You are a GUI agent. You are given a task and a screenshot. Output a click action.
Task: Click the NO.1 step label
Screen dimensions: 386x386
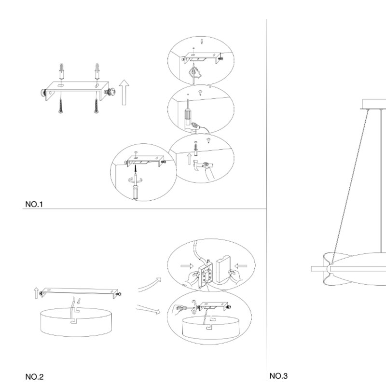tap(34, 204)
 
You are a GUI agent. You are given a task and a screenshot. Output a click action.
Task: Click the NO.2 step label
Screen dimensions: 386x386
tap(34, 377)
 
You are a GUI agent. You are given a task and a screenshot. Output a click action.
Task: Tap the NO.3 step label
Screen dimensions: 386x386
tap(278, 376)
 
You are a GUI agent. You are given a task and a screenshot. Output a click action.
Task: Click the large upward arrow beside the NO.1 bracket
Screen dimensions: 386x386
tap(124, 92)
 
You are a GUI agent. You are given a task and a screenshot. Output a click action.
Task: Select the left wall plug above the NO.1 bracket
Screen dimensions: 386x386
tap(61, 71)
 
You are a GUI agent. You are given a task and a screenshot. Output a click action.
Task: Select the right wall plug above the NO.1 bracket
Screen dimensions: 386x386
tap(97, 71)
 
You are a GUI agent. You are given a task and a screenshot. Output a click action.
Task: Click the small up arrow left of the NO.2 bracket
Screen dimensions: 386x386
tap(36, 293)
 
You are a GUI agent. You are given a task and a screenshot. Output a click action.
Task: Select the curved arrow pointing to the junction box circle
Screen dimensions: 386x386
tap(150, 285)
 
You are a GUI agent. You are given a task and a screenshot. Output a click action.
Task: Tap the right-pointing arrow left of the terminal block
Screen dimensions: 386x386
tap(187, 266)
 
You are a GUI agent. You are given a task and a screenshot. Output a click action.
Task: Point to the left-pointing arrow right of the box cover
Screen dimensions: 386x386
tap(241, 266)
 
